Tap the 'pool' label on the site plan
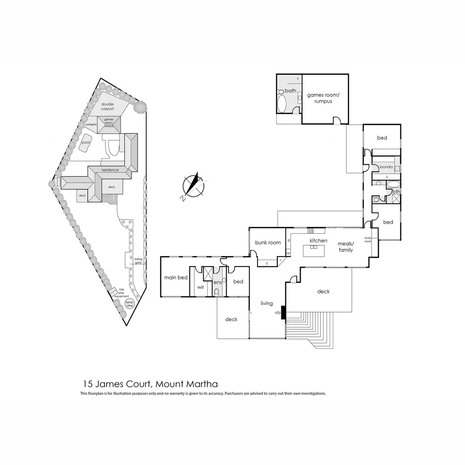click(x=86, y=142)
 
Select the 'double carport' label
click(x=107, y=106)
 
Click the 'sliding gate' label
click(x=138, y=260)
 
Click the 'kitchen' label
click(x=319, y=240)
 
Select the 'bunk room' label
click(x=268, y=242)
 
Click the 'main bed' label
click(x=176, y=277)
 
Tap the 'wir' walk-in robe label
click(x=200, y=287)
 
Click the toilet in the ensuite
click(x=217, y=292)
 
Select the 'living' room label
click(x=267, y=303)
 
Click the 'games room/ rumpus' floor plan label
click(x=323, y=98)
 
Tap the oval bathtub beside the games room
click(x=282, y=104)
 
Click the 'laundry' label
click(x=386, y=167)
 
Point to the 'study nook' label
click(x=368, y=239)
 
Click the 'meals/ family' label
click(x=345, y=247)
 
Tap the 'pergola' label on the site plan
click(x=91, y=124)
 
